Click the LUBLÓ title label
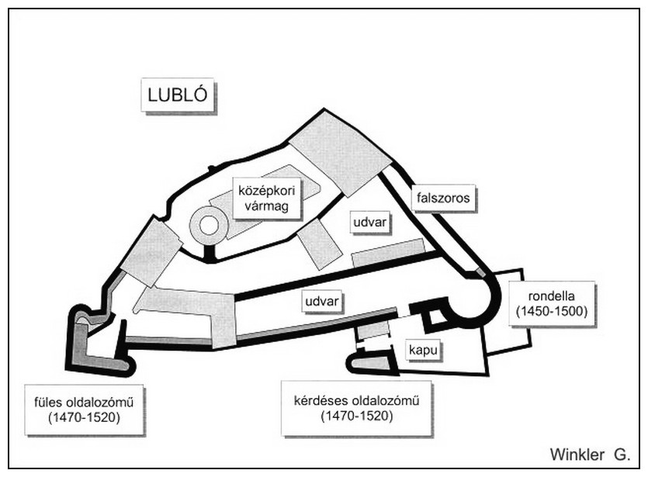(x=178, y=95)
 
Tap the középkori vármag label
(x=266, y=199)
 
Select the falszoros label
(x=443, y=198)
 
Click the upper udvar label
(x=370, y=222)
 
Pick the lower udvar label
(x=322, y=301)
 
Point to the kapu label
(x=423, y=351)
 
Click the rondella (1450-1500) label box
(x=552, y=303)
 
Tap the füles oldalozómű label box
(x=84, y=410)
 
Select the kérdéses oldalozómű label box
(x=356, y=408)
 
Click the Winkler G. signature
(x=590, y=455)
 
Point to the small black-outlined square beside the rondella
(x=435, y=317)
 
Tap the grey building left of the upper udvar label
(x=320, y=244)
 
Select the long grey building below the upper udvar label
(x=388, y=253)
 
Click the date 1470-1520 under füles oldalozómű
(x=84, y=417)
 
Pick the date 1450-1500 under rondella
(x=552, y=311)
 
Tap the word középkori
(x=266, y=191)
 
